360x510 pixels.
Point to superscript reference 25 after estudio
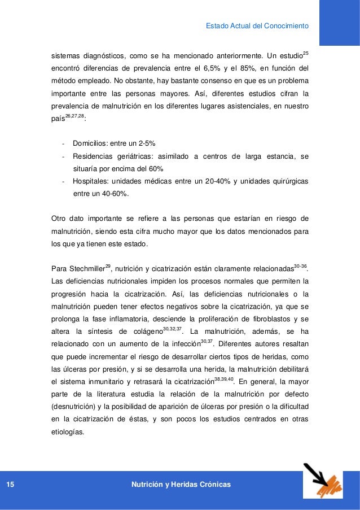pos(305,54)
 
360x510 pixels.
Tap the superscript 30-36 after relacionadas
pos(301,264)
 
